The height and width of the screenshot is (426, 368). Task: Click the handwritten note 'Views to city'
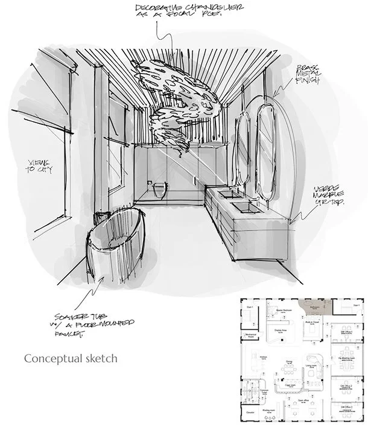(37, 167)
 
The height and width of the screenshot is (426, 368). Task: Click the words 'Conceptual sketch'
(71, 358)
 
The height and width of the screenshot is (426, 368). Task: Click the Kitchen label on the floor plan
(264, 357)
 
